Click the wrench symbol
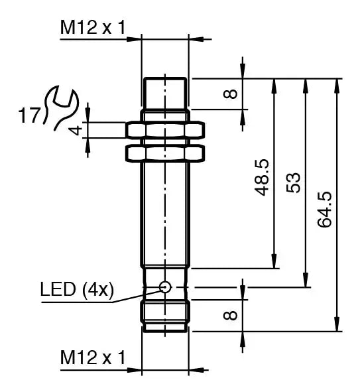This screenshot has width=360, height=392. coord(62,108)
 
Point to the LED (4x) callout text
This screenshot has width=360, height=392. coord(77,289)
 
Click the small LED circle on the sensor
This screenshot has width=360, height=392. coord(165,287)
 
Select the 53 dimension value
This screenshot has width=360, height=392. coord(294,182)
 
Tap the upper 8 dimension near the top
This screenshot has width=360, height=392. coord(230,93)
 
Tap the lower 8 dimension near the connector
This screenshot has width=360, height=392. coord(230,314)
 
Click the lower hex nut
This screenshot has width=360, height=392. coord(166,153)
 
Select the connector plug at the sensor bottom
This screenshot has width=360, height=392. coord(166,315)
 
